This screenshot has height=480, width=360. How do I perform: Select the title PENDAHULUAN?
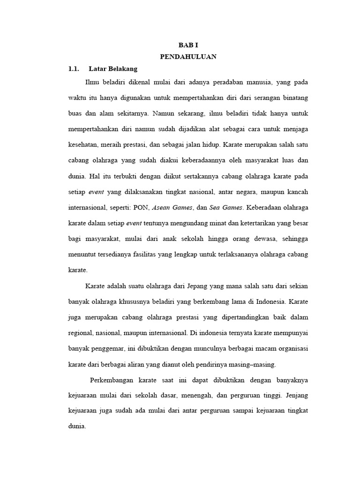tap(187, 57)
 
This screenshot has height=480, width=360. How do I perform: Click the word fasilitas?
tap(154, 255)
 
